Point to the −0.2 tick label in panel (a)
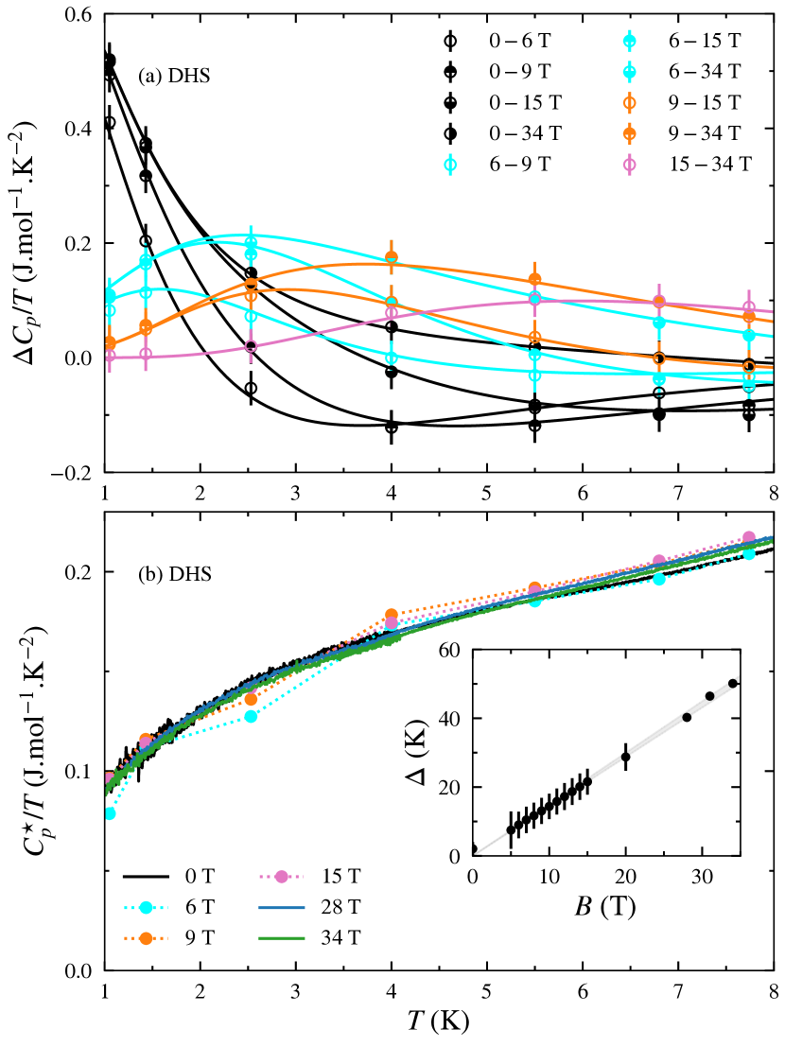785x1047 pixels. pos(74,472)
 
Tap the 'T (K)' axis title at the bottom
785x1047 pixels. pos(438,1021)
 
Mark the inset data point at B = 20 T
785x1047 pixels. pos(625,757)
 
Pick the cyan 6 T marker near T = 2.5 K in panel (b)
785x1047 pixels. pos(251,716)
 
